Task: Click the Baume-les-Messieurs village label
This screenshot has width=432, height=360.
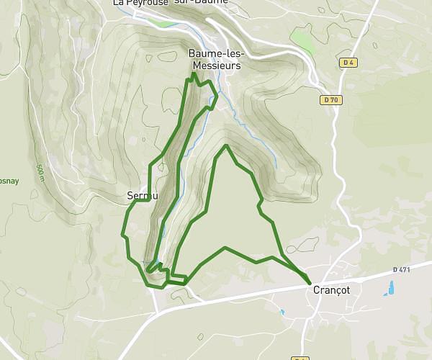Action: [217, 59]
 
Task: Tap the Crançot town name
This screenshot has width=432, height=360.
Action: [332, 289]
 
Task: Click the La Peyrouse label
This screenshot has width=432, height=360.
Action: [140, 3]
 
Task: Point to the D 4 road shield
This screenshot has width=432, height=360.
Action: [348, 63]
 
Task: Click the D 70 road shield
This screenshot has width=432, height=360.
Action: [330, 100]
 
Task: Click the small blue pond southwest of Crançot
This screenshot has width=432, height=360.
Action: [282, 312]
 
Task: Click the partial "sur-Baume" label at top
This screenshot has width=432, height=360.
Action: [201, 2]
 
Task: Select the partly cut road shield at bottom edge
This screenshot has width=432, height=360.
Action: [302, 358]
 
